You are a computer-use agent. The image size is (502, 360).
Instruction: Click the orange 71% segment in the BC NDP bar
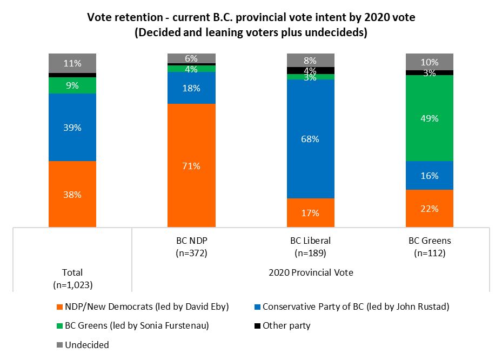[x=191, y=165]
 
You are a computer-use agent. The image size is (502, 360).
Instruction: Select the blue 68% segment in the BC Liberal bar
[x=310, y=139]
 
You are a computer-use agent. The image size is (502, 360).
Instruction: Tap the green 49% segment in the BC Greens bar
[x=429, y=118]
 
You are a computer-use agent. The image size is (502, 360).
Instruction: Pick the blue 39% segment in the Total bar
[x=72, y=127]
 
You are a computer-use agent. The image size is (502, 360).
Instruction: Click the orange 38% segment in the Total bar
[x=72, y=194]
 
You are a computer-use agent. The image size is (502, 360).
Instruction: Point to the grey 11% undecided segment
[x=72, y=63]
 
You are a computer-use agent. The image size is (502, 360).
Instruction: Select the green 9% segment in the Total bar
[x=72, y=85]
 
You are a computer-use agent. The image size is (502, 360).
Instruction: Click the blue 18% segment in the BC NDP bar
[x=191, y=88]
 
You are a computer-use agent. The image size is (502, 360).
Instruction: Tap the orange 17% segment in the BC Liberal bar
[x=310, y=212]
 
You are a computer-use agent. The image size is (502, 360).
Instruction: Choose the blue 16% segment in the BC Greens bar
[x=429, y=175]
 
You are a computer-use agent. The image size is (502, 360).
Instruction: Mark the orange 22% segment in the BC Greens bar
[x=429, y=208]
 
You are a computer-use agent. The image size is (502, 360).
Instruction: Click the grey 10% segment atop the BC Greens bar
[x=429, y=62]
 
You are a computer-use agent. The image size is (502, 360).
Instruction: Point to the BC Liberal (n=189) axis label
[x=310, y=246]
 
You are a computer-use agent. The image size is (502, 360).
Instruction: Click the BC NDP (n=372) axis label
[x=191, y=246]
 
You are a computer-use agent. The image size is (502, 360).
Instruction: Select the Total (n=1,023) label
[x=72, y=278]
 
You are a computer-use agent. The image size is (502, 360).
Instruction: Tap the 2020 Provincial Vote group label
[x=311, y=273]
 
